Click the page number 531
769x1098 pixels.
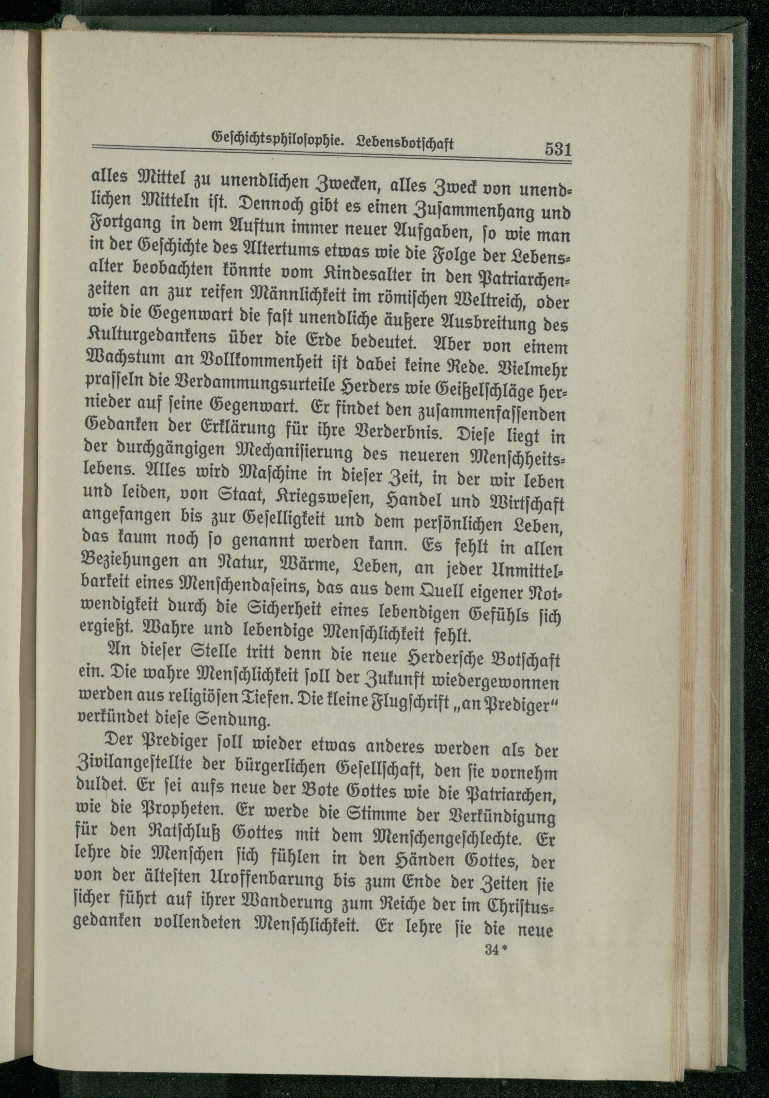[x=558, y=150]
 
